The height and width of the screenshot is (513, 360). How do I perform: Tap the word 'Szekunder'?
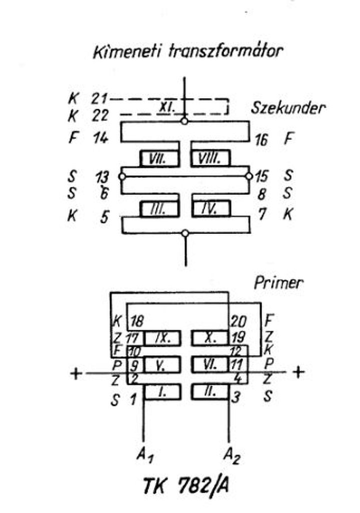(287, 108)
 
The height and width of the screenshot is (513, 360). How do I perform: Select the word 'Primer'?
(278, 284)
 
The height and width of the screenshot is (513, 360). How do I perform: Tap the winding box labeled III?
(158, 208)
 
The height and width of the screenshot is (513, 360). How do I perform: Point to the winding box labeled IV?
(211, 208)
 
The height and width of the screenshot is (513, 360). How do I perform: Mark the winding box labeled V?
(161, 365)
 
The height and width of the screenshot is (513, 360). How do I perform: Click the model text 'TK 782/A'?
(187, 485)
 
